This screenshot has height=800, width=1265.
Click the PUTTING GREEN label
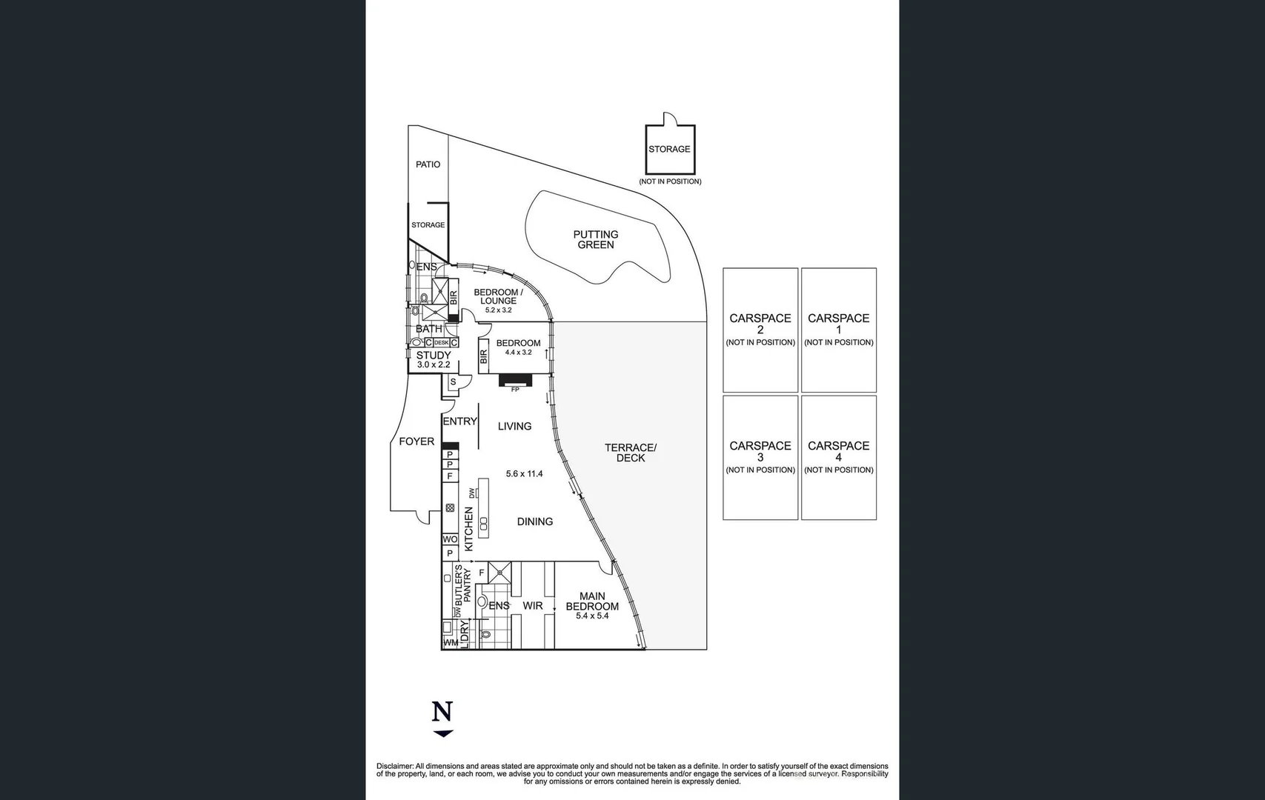(x=595, y=239)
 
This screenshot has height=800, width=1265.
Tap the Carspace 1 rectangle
(x=838, y=330)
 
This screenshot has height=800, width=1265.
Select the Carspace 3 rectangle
(x=760, y=457)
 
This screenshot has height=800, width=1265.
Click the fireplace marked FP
(x=514, y=381)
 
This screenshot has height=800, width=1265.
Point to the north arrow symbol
(x=442, y=719)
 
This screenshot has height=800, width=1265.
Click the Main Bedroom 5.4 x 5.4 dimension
(x=591, y=616)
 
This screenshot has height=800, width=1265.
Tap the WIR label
(x=532, y=606)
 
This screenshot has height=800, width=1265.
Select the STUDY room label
(x=433, y=356)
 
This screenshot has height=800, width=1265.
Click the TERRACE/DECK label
(x=630, y=453)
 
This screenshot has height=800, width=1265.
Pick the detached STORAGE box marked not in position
(x=669, y=150)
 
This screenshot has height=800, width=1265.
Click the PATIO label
(x=428, y=164)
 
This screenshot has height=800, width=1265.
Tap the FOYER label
(x=416, y=441)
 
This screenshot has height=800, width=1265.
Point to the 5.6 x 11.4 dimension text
(x=524, y=474)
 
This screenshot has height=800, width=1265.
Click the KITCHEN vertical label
(x=468, y=529)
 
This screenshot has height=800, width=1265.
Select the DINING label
(x=534, y=521)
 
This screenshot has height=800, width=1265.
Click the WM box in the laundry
(x=450, y=643)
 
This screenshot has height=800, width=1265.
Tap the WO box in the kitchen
(x=450, y=539)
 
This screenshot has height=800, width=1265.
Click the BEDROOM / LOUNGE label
(x=498, y=296)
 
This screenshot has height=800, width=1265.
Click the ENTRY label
(x=459, y=421)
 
